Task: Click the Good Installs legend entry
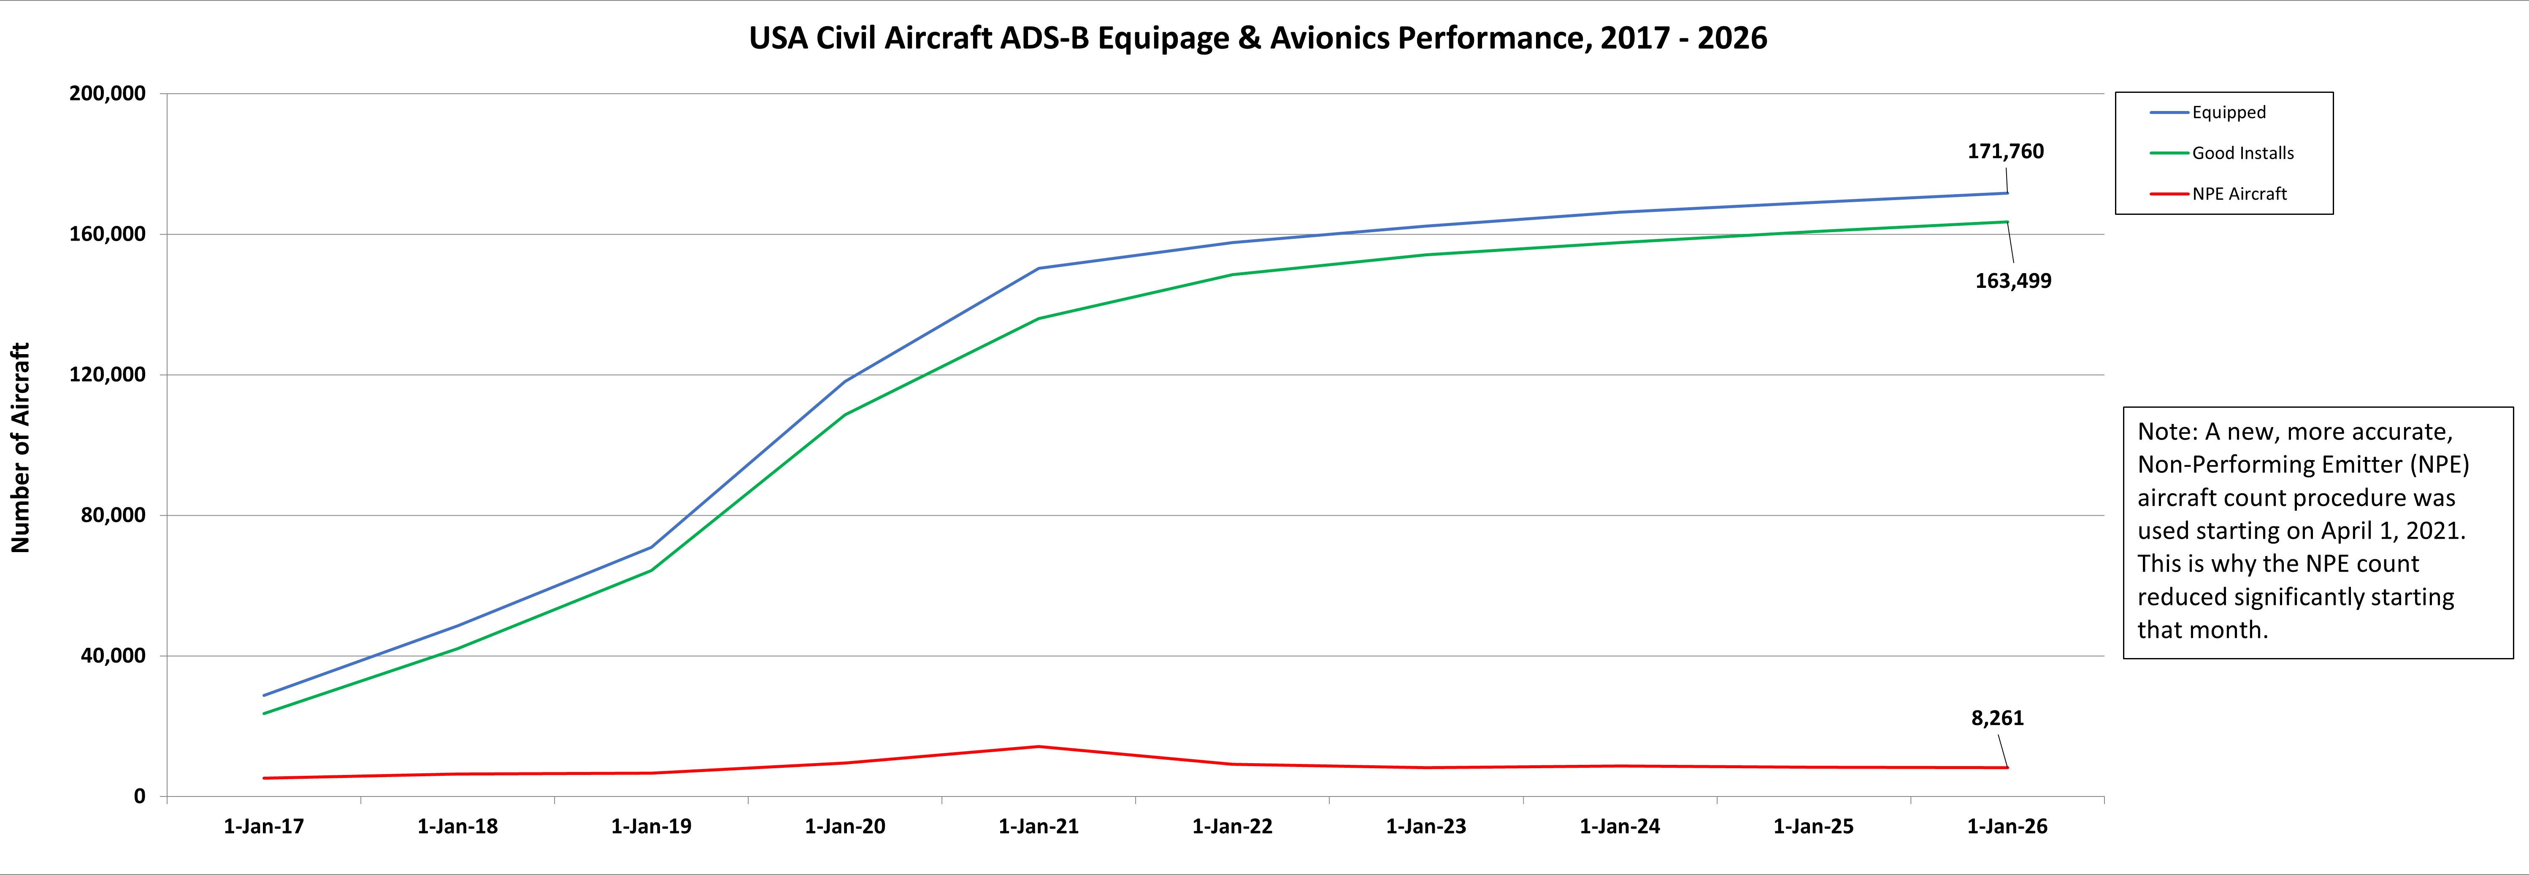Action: coord(2242,153)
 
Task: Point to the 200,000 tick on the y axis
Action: coord(107,93)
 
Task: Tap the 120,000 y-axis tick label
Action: coord(107,374)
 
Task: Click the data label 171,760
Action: coord(2005,151)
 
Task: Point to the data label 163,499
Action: coord(2012,281)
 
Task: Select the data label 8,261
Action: coord(1997,718)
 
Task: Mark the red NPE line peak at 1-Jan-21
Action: coord(1039,746)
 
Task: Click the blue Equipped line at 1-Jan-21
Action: coord(1039,268)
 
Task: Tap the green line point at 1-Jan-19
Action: coord(651,571)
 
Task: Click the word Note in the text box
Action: coord(2166,432)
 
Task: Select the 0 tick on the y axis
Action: coord(139,796)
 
